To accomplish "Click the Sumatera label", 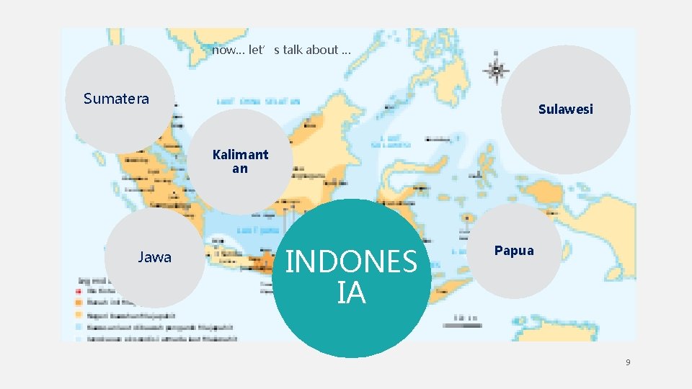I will coord(116,99).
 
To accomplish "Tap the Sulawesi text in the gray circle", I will coord(565,109).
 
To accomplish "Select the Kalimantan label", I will coord(240,161).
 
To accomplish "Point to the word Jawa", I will coord(154,257).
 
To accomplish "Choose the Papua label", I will coord(514,251).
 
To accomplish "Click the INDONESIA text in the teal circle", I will coord(351,277).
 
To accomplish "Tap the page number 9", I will coord(627,362).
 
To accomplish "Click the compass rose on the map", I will coord(496,70).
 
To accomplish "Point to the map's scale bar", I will coord(463,325).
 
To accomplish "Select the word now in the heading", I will coord(224,50).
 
